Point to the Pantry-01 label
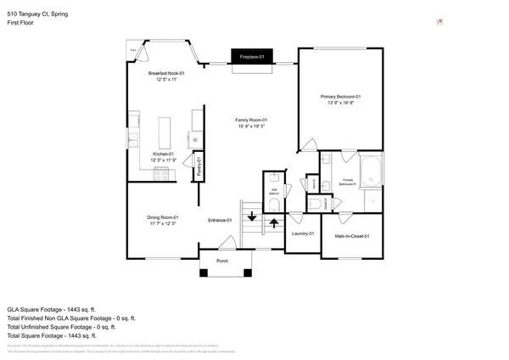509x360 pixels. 199,166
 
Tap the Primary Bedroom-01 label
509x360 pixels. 341,97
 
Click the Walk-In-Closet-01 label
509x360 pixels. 351,235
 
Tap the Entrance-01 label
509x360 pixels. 221,221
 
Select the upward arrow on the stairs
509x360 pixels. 274,223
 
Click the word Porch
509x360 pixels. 223,261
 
